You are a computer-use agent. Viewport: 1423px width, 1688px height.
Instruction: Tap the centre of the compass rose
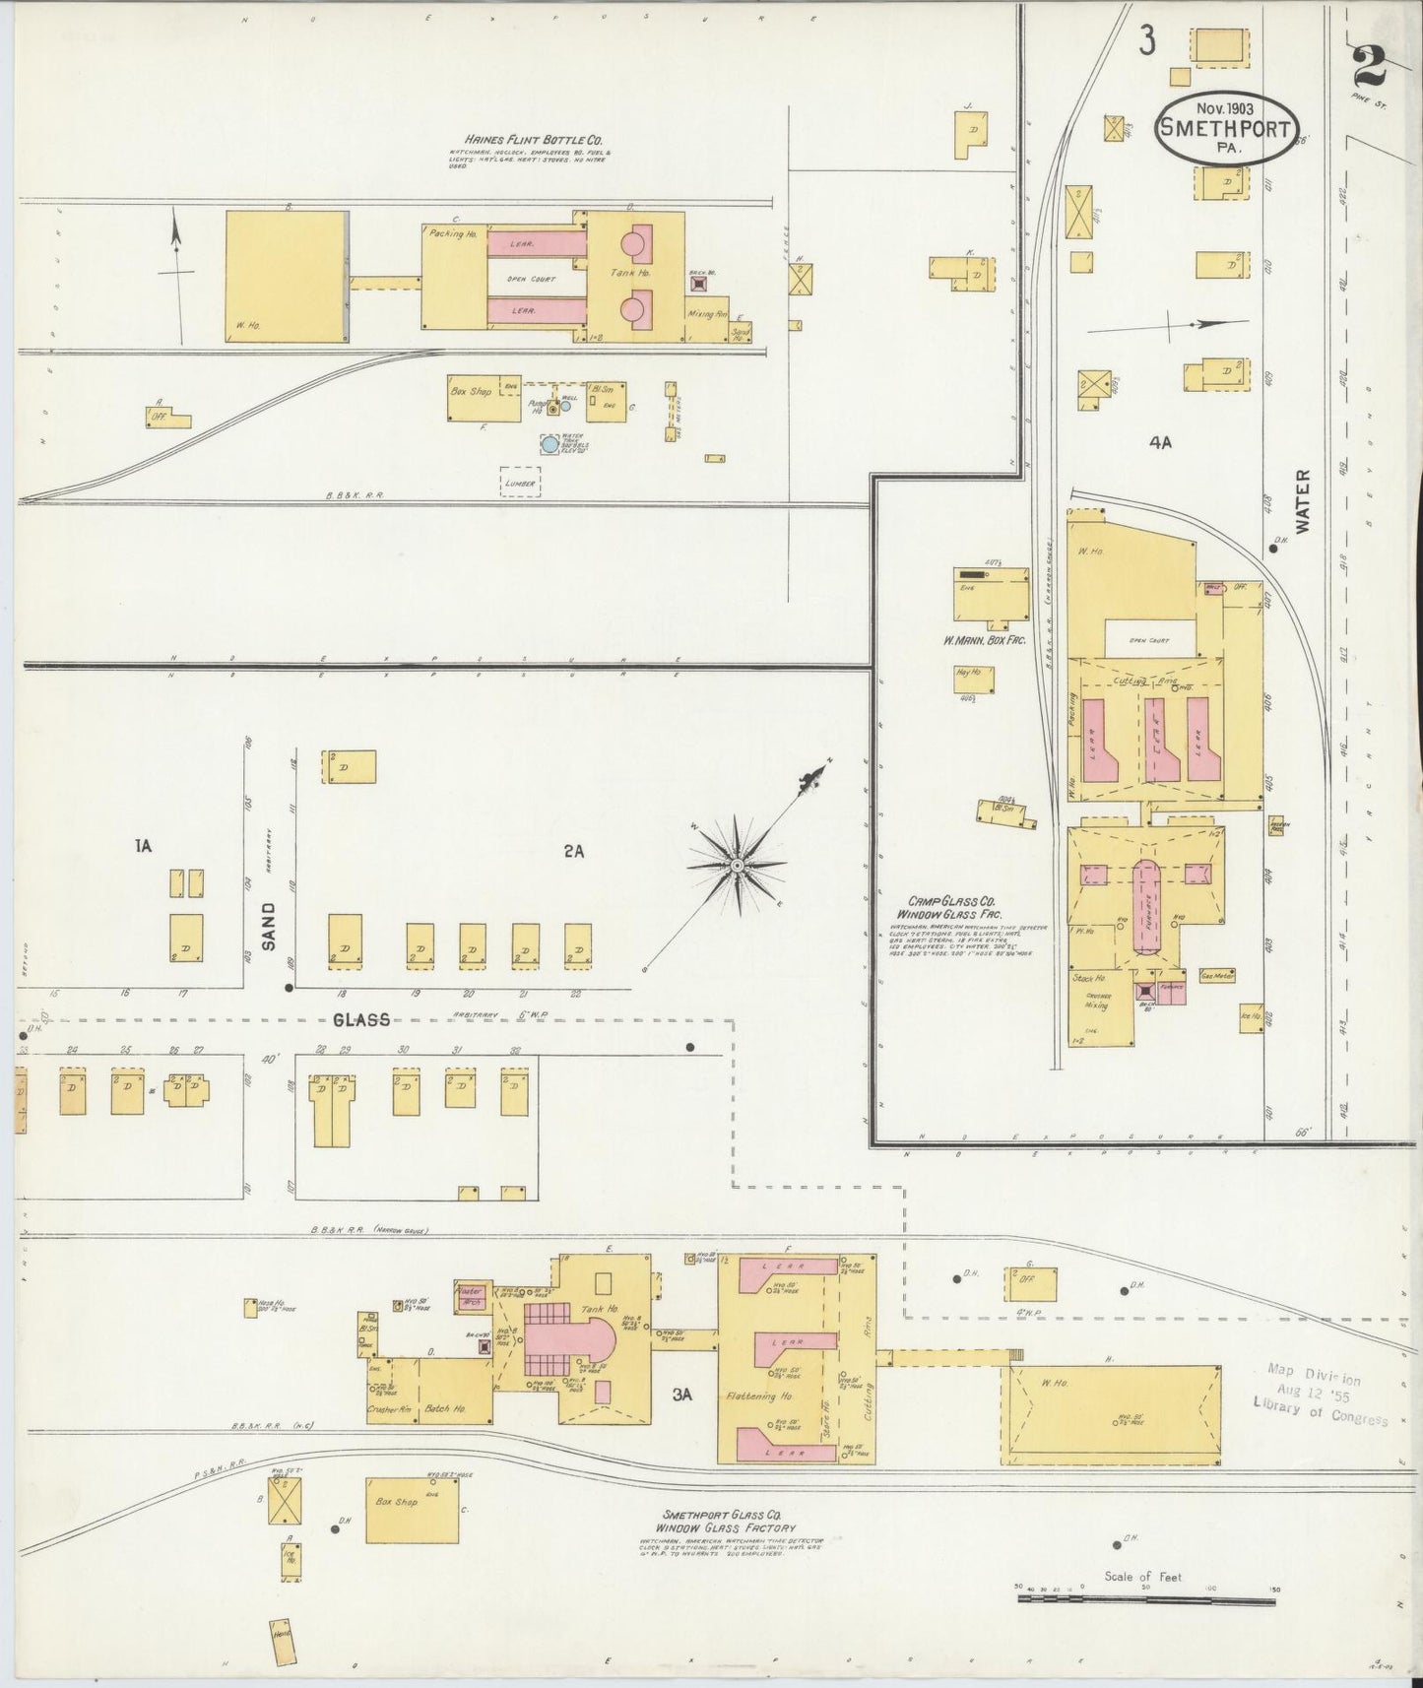coord(736,865)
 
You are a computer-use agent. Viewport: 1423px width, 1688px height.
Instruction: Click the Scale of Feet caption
coord(1142,1577)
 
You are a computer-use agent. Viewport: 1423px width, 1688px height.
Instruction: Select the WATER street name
coord(1304,501)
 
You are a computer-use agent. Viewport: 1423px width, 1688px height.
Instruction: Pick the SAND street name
coord(268,929)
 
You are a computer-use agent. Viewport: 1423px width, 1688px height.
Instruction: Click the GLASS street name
coord(361,1020)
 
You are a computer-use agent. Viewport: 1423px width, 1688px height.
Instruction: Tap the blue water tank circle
coord(550,444)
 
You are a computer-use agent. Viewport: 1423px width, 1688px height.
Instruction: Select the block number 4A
coord(1159,443)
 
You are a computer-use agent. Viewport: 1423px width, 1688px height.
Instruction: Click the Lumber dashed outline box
coord(520,482)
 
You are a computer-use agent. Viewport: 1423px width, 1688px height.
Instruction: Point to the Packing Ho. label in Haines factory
coord(453,234)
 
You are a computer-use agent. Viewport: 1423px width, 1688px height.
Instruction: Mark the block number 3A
coord(683,1395)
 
